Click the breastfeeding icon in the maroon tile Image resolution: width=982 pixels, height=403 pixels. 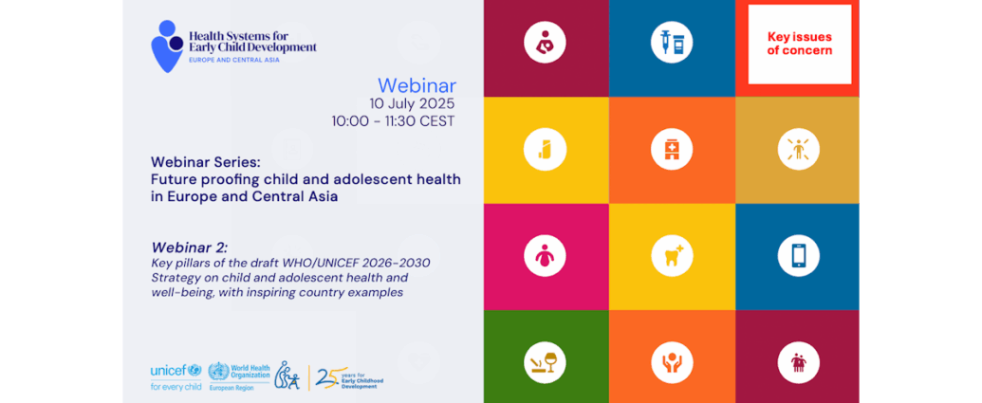click(x=545, y=42)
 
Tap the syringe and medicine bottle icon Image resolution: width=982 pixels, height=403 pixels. click(x=672, y=42)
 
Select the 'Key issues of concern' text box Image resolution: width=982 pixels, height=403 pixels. click(x=799, y=44)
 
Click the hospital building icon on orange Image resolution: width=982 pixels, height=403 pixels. click(x=672, y=149)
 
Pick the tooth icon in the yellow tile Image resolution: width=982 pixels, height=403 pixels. click(x=672, y=255)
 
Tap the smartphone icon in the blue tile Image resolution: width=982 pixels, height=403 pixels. click(x=799, y=255)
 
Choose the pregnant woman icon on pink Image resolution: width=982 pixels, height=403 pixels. click(x=545, y=255)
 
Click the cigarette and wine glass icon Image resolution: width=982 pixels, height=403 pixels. click(x=545, y=362)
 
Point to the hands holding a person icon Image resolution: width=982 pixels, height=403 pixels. click(x=672, y=362)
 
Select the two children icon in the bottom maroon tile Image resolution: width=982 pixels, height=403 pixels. click(x=799, y=362)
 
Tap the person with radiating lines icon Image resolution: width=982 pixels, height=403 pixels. click(x=799, y=149)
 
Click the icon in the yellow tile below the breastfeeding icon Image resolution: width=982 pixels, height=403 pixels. click(x=545, y=149)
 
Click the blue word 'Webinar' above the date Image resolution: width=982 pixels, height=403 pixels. click(x=417, y=84)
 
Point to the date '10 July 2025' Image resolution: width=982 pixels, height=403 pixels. click(x=412, y=103)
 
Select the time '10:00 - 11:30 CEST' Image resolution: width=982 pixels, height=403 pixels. click(x=394, y=121)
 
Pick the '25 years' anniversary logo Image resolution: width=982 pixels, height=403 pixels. click(x=349, y=377)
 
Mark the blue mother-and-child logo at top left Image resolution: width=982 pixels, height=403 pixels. click(x=167, y=46)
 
